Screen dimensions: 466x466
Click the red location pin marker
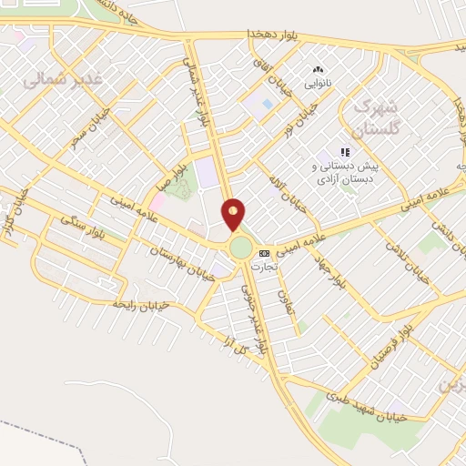(234, 214)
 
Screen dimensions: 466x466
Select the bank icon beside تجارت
(264, 253)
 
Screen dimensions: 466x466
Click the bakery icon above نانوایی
(318, 70)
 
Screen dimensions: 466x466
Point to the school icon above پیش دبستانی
(345, 153)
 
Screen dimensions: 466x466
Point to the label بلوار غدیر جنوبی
(249, 309)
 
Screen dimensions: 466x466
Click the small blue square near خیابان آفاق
(267, 104)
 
